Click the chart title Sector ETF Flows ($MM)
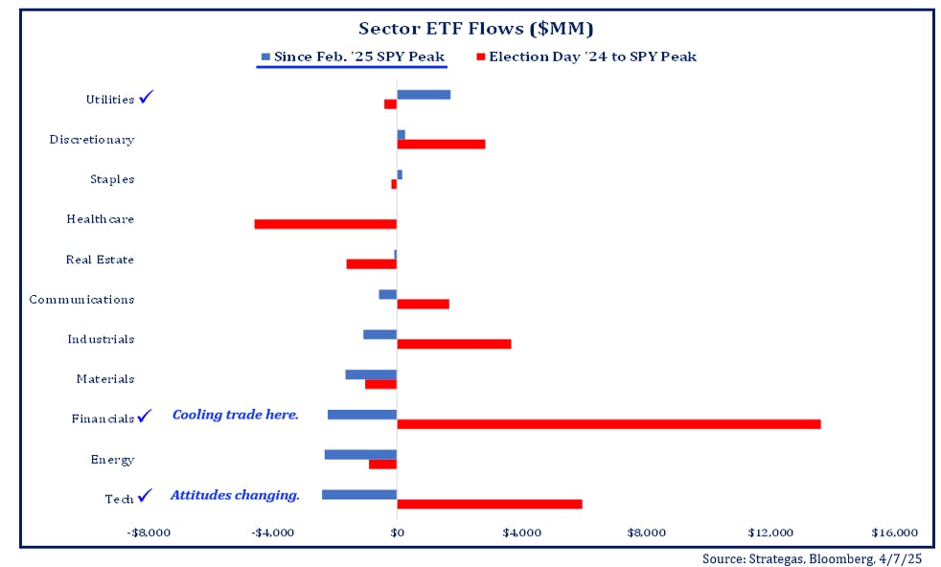click(475, 28)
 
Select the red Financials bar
click(608, 424)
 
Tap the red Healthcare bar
click(325, 224)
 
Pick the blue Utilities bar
click(424, 94)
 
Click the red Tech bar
click(489, 504)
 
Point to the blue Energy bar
click(360, 454)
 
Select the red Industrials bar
click(453, 344)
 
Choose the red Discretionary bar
click(441, 144)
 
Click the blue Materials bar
click(371, 374)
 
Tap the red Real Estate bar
click(371, 263)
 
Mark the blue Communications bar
click(387, 294)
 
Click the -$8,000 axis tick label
click(149, 533)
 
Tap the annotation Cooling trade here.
click(236, 415)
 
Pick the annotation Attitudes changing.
click(235, 495)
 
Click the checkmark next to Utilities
click(146, 97)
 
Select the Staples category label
click(112, 179)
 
